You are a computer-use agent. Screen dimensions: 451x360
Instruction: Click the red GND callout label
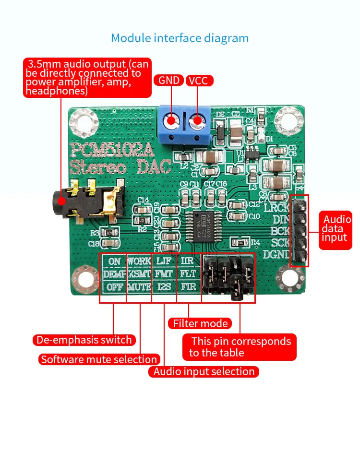point(168,80)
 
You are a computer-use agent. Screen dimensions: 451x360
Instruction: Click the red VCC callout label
point(198,80)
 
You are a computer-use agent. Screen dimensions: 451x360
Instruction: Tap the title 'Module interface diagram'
point(180,38)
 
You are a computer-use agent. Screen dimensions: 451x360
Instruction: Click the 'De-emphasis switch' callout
point(84,340)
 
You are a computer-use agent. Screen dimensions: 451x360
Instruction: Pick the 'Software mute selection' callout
point(99,359)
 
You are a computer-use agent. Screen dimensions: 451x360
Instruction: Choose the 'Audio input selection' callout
point(204,371)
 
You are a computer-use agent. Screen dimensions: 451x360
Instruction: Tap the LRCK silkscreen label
point(277,208)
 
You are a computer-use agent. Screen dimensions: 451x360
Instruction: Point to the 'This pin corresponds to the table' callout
point(240,347)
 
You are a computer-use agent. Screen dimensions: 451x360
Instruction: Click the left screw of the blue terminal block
point(171,122)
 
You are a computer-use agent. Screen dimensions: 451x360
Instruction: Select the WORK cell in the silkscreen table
point(140,261)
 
